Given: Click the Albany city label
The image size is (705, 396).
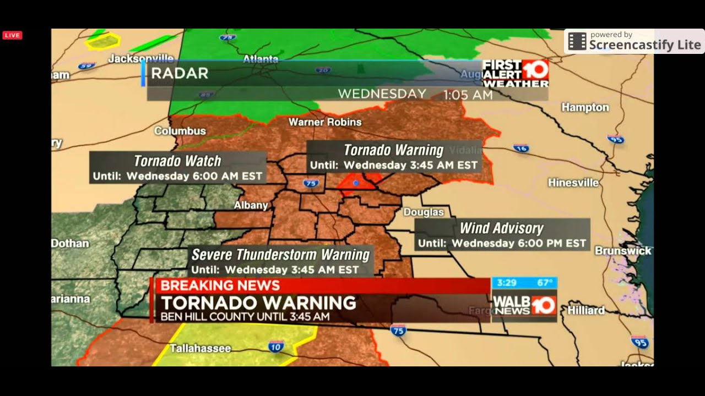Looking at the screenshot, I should pyautogui.click(x=251, y=205).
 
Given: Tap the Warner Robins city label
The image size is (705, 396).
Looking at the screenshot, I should pyautogui.click(x=325, y=122).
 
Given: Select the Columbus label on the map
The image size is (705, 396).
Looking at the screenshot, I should pyautogui.click(x=180, y=131).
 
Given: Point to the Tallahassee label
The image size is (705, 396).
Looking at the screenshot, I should pyautogui.click(x=200, y=348).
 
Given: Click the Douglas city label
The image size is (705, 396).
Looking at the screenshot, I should pyautogui.click(x=423, y=212).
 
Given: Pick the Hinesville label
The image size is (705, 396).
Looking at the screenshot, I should pyautogui.click(x=573, y=183).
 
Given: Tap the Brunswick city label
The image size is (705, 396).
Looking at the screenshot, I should pyautogui.click(x=622, y=251).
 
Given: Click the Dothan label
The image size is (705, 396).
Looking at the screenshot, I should pyautogui.click(x=70, y=243).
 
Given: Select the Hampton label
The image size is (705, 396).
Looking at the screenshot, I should pyautogui.click(x=585, y=107).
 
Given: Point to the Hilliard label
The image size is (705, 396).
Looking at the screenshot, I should pyautogui.click(x=586, y=310).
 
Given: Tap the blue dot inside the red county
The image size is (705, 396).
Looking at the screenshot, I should pyautogui.click(x=356, y=183).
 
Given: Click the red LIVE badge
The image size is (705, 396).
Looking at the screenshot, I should pyautogui.click(x=12, y=35).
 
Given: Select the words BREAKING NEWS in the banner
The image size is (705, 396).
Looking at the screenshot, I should pyautogui.click(x=220, y=285).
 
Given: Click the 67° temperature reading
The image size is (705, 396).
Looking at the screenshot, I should pyautogui.click(x=544, y=283).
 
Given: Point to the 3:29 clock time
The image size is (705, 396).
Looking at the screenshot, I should pyautogui.click(x=506, y=283).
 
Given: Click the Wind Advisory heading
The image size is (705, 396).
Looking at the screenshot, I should pyautogui.click(x=501, y=228).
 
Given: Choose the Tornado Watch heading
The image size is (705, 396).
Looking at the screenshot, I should pyautogui.click(x=177, y=161).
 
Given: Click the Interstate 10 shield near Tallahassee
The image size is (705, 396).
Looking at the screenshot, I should pyautogui.click(x=276, y=346).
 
